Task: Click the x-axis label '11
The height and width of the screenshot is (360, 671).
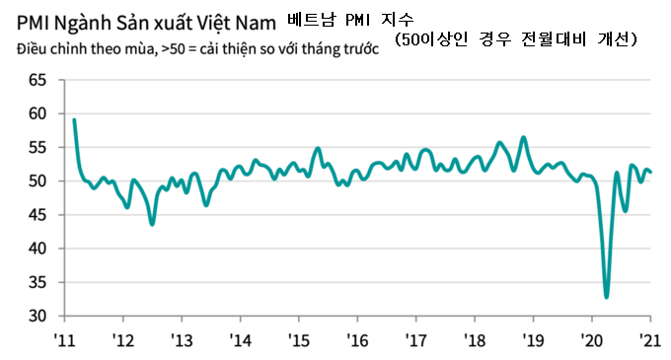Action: click(x=65, y=341)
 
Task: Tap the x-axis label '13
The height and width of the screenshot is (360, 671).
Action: click(x=183, y=341)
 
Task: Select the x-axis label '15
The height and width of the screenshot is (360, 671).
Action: click(x=299, y=341)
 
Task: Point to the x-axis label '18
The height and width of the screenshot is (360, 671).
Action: click(x=475, y=341)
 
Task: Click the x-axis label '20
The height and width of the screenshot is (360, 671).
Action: click(x=591, y=341)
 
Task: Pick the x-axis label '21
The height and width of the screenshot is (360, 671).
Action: click(x=650, y=341)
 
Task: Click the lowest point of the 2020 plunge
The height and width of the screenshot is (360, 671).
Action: click(x=606, y=297)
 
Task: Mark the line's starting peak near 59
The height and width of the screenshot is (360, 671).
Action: click(x=74, y=119)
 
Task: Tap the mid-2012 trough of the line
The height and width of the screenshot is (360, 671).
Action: click(x=152, y=224)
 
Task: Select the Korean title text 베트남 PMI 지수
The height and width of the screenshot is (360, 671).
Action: click(x=352, y=17)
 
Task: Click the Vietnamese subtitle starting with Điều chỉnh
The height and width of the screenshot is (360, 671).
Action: click(x=197, y=48)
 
